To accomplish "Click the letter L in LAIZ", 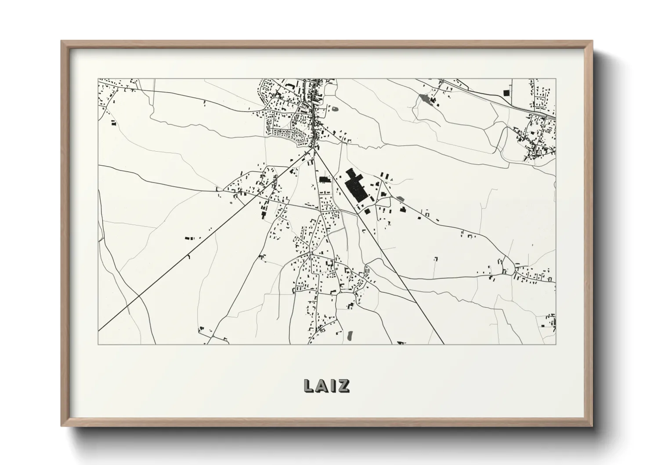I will click(x=309, y=385).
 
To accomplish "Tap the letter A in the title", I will click(x=323, y=385).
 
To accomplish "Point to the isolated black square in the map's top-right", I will click(x=505, y=92).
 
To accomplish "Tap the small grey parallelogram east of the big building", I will click(x=400, y=199).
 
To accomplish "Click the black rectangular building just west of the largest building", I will click(x=324, y=179).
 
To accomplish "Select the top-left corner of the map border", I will click(x=98, y=79).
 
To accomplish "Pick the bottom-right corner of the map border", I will click(x=556, y=344).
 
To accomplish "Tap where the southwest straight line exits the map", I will click(x=99, y=330).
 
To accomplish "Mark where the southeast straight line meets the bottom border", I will click(x=444, y=344).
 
